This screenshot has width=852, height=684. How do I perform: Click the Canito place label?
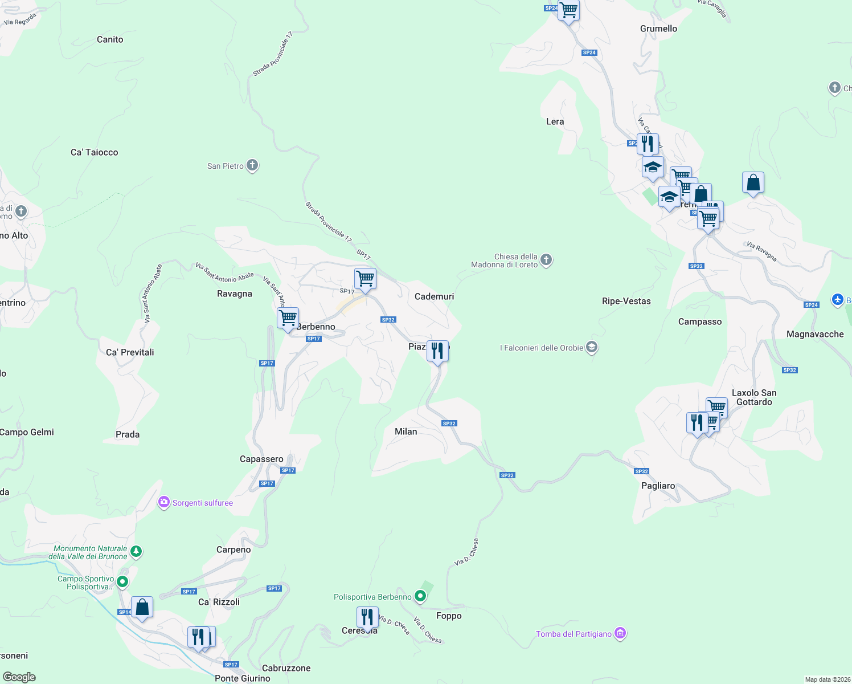click(x=110, y=39)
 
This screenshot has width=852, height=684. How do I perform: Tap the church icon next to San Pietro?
click(x=252, y=166)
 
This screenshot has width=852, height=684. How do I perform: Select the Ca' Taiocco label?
click(x=95, y=152)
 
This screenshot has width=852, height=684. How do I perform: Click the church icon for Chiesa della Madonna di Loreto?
click(x=546, y=260)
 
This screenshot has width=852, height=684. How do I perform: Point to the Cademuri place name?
click(x=435, y=296)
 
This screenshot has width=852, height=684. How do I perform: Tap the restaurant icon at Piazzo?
click(x=437, y=351)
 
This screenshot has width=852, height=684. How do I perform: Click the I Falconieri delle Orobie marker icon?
click(x=592, y=347)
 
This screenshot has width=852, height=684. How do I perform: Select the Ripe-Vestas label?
click(x=626, y=301)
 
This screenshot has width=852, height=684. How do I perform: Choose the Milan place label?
click(x=406, y=431)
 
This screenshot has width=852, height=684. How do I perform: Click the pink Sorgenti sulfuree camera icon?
click(x=164, y=502)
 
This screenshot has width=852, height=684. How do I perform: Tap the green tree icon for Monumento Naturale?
click(x=136, y=552)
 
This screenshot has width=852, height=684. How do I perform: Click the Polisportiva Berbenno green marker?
click(x=420, y=596)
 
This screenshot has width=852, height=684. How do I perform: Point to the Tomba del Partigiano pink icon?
click(x=620, y=633)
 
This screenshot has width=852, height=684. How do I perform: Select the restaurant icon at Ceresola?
click(x=367, y=617)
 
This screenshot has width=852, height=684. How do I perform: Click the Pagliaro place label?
click(x=658, y=486)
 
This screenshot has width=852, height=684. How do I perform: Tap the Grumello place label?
click(x=658, y=28)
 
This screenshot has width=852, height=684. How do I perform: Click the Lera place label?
click(x=555, y=121)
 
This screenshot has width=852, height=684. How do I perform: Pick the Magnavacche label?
click(x=815, y=334)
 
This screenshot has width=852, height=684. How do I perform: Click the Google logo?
click(x=19, y=677)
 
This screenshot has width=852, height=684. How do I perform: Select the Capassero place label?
click(x=261, y=459)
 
